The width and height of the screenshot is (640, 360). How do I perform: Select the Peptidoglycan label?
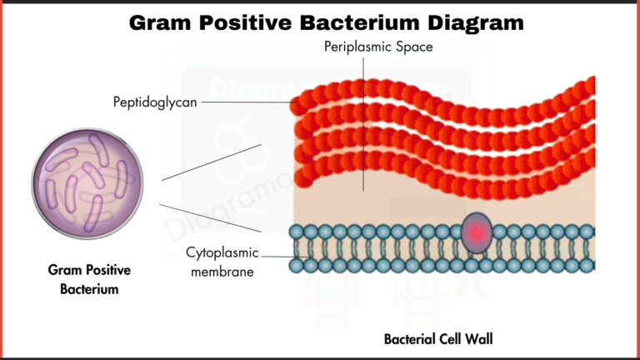pos(155,102)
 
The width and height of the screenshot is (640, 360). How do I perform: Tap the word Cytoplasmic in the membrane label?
pos(222,252)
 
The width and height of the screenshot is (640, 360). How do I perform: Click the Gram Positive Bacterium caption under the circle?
pos(89,280)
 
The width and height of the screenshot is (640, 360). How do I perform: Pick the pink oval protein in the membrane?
pos(476,232)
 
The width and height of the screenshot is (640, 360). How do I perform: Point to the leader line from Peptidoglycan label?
pos(246,102)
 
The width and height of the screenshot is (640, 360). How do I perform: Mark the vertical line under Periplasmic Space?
pos(363,125)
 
